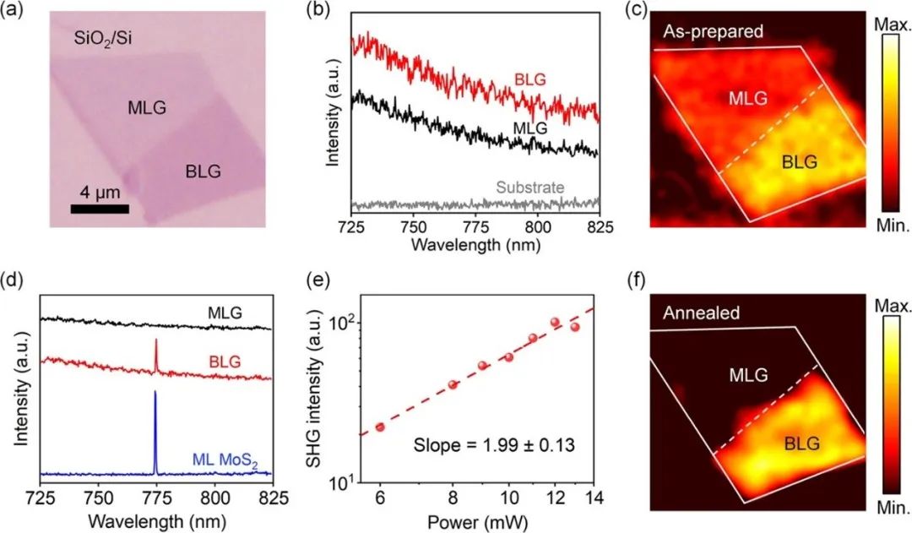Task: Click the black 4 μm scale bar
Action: point(99,207)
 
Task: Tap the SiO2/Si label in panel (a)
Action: point(94,39)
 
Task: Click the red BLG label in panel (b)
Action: point(531,80)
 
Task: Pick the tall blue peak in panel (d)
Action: point(155,431)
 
